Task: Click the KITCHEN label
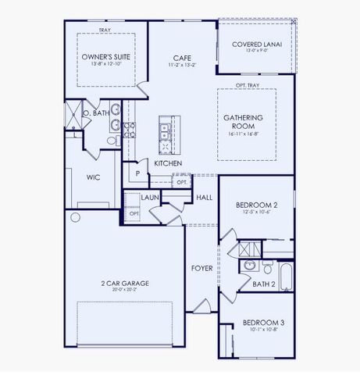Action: pos(168,163)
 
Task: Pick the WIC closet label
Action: pos(93,177)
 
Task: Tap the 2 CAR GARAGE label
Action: pos(124,283)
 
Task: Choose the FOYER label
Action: pos(202,268)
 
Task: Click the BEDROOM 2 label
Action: pos(257,206)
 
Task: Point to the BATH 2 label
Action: pos(264,284)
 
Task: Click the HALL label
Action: pos(205,198)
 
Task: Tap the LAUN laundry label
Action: pos(150,198)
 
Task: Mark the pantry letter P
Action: pos(137,173)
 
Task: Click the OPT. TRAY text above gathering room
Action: pos(247,85)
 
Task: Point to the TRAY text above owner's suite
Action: pos(105,30)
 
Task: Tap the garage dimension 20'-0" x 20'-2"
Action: pos(124,289)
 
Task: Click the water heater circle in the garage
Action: pos(76,216)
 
